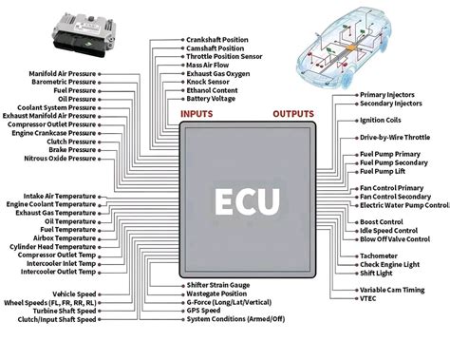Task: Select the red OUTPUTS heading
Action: pyautogui.click(x=292, y=114)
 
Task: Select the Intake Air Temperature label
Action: pyautogui.click(x=60, y=196)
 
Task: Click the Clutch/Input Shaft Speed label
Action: pyautogui.click(x=56, y=319)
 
